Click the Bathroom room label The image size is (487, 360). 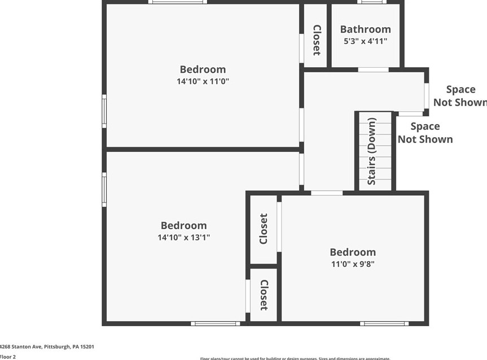[365, 29]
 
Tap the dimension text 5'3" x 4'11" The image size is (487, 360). [365, 41]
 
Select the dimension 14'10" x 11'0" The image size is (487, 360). [203, 81]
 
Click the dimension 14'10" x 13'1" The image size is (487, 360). [183, 238]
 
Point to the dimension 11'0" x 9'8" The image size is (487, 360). [353, 264]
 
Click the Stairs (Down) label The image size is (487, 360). [372, 151]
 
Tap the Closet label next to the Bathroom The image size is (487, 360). [317, 40]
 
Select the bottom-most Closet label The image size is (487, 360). [264, 295]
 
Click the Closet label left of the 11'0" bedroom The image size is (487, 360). [264, 229]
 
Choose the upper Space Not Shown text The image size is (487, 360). [460, 96]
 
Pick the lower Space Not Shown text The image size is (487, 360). [425, 133]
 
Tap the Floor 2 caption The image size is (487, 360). [8, 357]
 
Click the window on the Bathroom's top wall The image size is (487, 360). [371, 2]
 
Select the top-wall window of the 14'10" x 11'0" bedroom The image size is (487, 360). [178, 2]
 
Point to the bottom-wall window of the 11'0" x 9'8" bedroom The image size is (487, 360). [384, 323]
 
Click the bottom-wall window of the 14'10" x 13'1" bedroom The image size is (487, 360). [215, 323]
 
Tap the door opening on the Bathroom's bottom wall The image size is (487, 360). [373, 69]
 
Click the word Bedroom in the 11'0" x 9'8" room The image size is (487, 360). [353, 252]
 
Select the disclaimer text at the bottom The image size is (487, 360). [295, 358]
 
